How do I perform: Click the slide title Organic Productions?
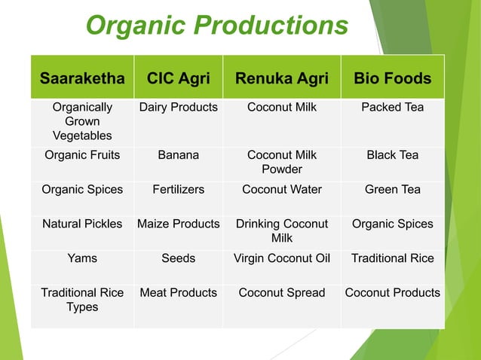(217, 26)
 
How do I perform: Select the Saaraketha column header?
(82, 78)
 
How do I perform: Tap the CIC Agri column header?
(179, 78)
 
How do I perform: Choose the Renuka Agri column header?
(281, 78)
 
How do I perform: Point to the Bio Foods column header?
(392, 78)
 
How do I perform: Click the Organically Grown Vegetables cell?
(82, 121)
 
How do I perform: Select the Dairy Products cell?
(179, 108)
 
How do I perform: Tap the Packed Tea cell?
(392, 108)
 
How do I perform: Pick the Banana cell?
(179, 156)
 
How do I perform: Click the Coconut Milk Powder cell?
(281, 163)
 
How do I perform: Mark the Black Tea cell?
(392, 156)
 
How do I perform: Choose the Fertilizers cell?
(179, 190)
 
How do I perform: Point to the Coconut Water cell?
(281, 190)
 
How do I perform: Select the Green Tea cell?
(392, 190)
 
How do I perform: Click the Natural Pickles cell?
(82, 224)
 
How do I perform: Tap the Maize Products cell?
(179, 224)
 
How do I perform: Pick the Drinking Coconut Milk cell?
(281, 230)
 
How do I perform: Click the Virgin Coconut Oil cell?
(281, 258)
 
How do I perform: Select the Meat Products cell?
(179, 292)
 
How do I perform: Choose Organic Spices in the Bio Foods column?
(392, 224)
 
